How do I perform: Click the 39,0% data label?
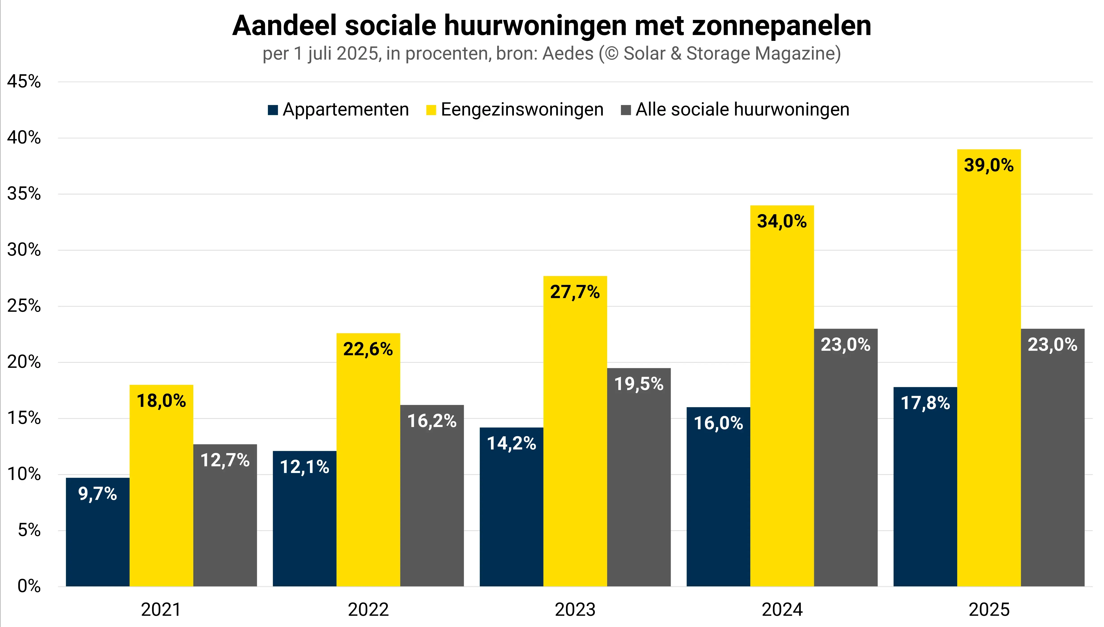(x=989, y=165)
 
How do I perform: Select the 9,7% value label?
(x=97, y=494)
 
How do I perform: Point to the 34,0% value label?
(x=782, y=221)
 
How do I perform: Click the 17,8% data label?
(x=925, y=403)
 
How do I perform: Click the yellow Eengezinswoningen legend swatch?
(x=431, y=110)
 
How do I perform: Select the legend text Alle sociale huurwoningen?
(x=742, y=109)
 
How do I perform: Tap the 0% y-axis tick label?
(x=29, y=586)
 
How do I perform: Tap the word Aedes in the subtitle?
(x=568, y=53)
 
